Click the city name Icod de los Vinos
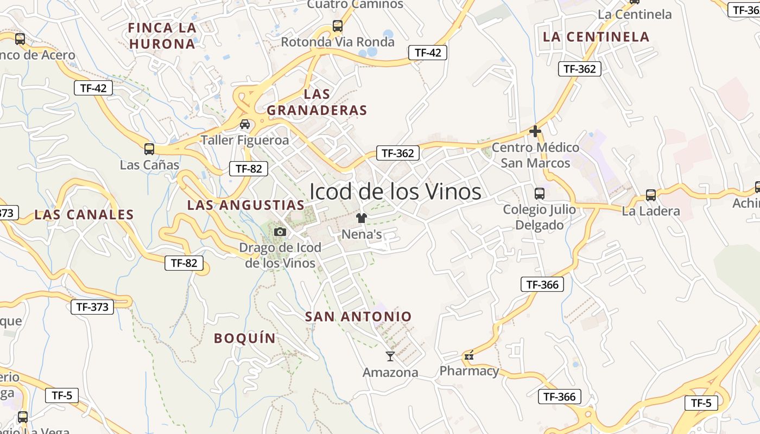coord(395,192)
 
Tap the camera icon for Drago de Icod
coord(280,232)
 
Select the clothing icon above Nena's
coord(362,218)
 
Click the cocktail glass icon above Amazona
coord(390,356)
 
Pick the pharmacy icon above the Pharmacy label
coord(469,356)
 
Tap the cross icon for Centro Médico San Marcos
coord(535,131)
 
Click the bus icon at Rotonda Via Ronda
coord(338,25)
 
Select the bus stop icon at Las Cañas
coord(149,149)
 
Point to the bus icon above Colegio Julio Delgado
coord(540,194)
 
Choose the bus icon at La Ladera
coord(651,195)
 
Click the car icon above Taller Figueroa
coord(245,124)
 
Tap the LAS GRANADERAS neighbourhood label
coord(317,102)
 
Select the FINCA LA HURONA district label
coord(162,36)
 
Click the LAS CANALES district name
coord(84,215)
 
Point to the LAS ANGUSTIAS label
coord(246,205)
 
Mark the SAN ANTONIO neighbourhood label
coord(358,316)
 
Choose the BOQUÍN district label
coord(245,339)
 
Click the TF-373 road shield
coord(92,307)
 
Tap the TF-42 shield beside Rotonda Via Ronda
coord(428,53)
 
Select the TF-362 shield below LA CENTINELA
coord(580,69)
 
